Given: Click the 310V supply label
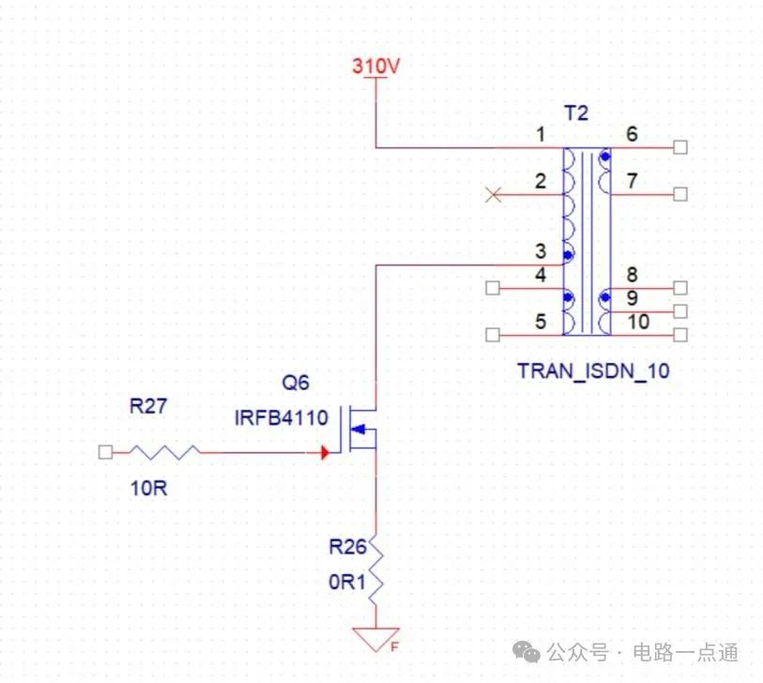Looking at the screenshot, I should pyautogui.click(x=376, y=67).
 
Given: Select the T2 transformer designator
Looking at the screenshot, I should pyautogui.click(x=576, y=114).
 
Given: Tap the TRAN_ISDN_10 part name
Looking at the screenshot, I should pyautogui.click(x=593, y=371).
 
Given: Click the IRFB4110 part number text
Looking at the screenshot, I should pyautogui.click(x=281, y=417).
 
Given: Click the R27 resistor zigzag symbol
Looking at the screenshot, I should pyautogui.click(x=165, y=452).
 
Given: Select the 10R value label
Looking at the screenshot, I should pyautogui.click(x=147, y=488).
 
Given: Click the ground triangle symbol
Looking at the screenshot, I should pyautogui.click(x=376, y=639).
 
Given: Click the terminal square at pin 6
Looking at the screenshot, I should pyautogui.click(x=680, y=147).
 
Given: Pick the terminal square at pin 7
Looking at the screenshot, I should pyautogui.click(x=680, y=194).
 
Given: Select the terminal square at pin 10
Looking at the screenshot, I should pyautogui.click(x=680, y=335).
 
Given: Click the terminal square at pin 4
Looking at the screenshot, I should pyautogui.click(x=492, y=288).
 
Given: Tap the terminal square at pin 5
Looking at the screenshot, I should pyautogui.click(x=492, y=335).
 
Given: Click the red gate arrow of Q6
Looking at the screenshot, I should pyautogui.click(x=325, y=452).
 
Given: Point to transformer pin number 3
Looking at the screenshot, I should pyautogui.click(x=540, y=251).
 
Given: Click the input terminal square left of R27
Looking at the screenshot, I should pyautogui.click(x=105, y=452).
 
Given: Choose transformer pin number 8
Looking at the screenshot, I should pyautogui.click(x=632, y=275).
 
